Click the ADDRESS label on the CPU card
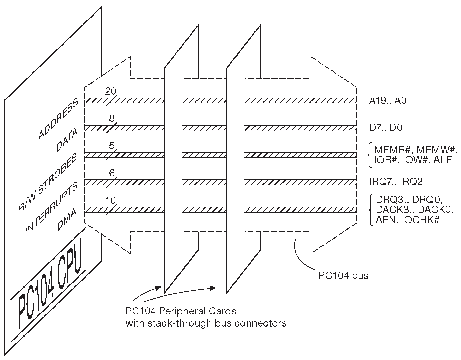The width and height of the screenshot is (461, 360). pos(58,120)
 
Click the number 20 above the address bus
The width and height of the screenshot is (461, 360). pos(111,91)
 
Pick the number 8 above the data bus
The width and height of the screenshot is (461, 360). pos(112,119)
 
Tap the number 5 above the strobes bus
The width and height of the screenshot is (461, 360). pos(112,146)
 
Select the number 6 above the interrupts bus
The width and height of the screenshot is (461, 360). pos(112,173)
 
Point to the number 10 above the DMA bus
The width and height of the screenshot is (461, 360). pos(111,200)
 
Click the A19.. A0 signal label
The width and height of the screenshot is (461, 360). pos(388,101)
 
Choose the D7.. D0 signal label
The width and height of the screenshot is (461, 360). pos(386,128)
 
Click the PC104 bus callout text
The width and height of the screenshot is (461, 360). pos(343,275)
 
